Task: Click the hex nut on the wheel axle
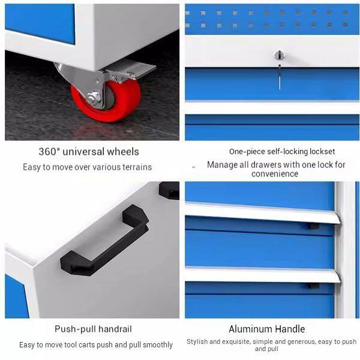point(94,98)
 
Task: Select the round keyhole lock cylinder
point(279,55)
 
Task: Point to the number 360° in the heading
point(49,152)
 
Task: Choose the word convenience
point(275,174)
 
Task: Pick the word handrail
point(115,329)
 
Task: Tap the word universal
point(83,152)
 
